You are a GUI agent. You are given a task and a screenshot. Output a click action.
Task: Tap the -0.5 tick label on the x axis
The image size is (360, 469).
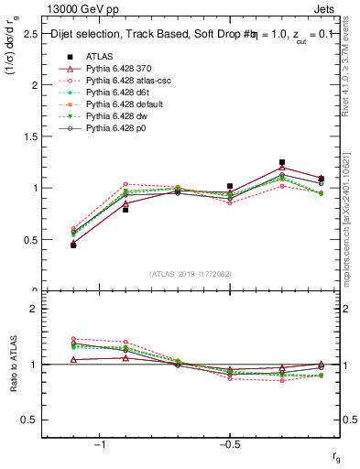pyautogui.click(x=229, y=444)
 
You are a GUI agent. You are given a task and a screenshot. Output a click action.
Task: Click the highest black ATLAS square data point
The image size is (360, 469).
pyautogui.click(x=282, y=162)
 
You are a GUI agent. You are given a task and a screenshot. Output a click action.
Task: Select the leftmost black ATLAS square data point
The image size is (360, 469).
pyautogui.click(x=73, y=245)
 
